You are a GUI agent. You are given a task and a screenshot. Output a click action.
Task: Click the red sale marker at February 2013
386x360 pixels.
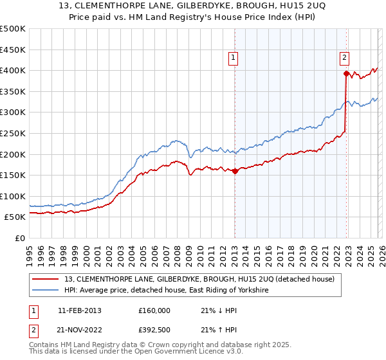[235, 171]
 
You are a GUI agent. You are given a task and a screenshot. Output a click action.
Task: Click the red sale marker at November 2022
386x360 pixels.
[346, 73]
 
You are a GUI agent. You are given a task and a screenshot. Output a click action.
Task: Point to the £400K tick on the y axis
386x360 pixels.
[13, 70]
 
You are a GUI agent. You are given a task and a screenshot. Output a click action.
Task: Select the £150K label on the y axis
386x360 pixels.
[13, 175]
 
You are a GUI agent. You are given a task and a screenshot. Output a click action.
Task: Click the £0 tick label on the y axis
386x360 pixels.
[20, 238]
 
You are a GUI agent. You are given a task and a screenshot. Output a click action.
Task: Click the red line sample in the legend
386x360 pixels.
[46, 280]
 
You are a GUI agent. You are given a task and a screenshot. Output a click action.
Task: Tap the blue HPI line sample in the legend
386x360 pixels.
[46, 291]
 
